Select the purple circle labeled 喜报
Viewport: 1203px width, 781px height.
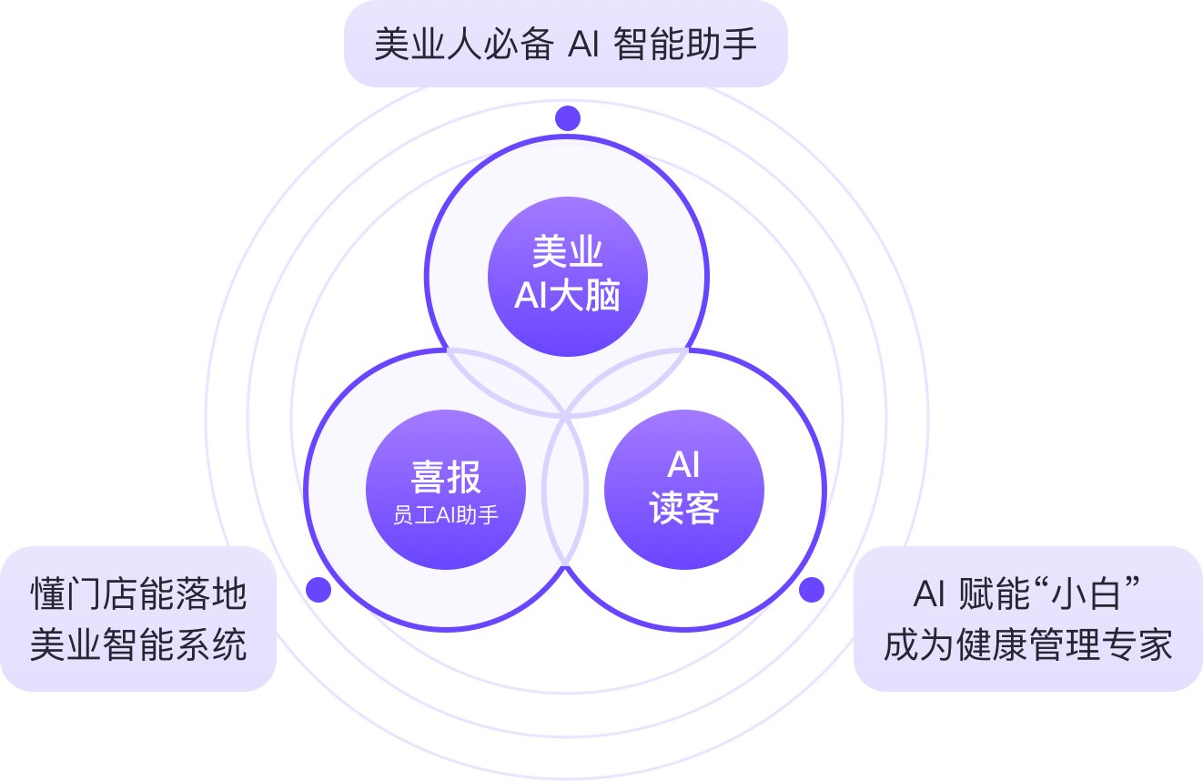pos(446,490)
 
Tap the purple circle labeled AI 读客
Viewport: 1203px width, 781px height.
pos(683,490)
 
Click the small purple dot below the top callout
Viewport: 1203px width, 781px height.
pos(568,117)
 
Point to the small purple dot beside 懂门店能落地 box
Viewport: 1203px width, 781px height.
pos(318,590)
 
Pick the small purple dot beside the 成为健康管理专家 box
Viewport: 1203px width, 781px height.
pos(812,590)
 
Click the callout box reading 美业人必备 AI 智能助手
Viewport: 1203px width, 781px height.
pos(565,44)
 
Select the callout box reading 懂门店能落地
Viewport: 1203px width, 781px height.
pos(138,619)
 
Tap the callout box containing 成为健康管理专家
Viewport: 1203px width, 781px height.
pos(1027,619)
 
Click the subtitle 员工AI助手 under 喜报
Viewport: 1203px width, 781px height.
pos(446,515)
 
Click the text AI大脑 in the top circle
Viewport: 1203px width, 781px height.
pos(567,296)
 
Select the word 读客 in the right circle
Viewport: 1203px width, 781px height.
pos(684,509)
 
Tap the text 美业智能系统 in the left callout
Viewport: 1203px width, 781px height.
pos(138,645)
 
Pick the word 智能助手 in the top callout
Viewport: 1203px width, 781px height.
pos(685,44)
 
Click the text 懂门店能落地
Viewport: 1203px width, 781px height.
pos(138,594)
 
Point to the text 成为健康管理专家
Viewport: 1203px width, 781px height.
pos(1027,645)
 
